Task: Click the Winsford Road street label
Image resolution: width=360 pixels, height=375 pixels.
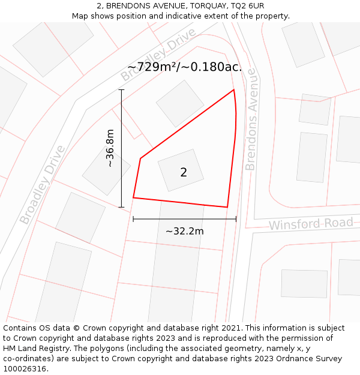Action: [311, 224]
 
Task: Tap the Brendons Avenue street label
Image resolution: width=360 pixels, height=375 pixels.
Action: [251, 119]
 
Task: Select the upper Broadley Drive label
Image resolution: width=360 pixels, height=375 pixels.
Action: [158, 55]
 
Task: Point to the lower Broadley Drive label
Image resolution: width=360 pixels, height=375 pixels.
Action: [41, 184]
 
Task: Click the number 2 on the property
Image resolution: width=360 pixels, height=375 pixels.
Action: [184, 173]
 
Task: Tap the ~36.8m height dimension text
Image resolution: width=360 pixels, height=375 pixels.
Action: [110, 148]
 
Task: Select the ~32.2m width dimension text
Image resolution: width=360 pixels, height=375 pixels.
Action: [184, 231]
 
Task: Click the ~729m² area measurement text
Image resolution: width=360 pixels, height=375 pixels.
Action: [185, 67]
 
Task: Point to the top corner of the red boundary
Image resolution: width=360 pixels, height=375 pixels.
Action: [233, 90]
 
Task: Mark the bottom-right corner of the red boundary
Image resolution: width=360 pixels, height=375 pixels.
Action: [227, 207]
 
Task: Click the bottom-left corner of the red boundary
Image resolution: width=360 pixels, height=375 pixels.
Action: [133, 197]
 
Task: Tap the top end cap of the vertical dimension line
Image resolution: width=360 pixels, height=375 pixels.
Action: [122, 90]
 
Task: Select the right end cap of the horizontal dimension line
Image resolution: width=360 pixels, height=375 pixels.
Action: [236, 219]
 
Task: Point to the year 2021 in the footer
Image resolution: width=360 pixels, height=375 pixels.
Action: [229, 328]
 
